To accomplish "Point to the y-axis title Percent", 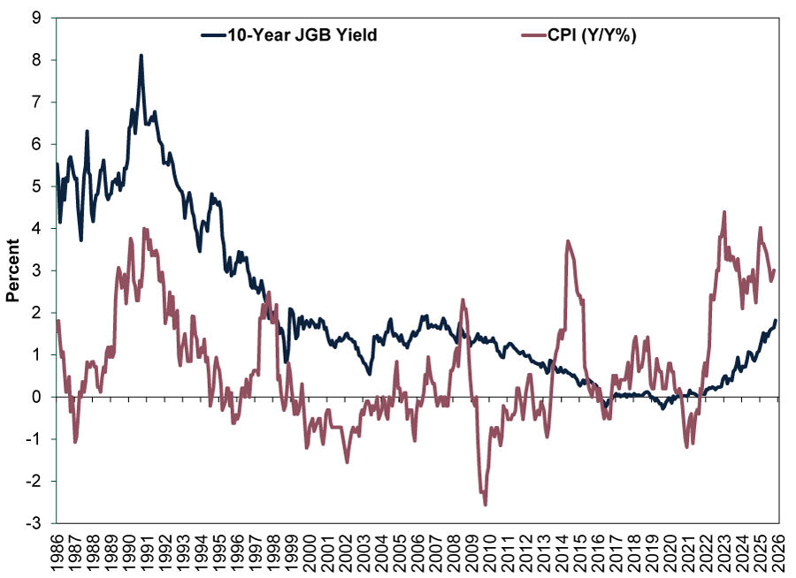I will (13, 270).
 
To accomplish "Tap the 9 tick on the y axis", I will (41, 17).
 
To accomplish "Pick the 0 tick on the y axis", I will (41, 397).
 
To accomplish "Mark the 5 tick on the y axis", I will (41, 186).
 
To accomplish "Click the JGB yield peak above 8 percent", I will (141, 56).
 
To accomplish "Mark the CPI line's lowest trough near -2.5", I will (486, 504).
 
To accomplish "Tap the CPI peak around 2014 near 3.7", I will (568, 241).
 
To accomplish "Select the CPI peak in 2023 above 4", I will (724, 212).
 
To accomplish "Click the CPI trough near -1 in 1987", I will (75, 441).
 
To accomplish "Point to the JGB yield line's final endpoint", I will (777, 320).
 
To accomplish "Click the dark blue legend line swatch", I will (216, 36).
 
